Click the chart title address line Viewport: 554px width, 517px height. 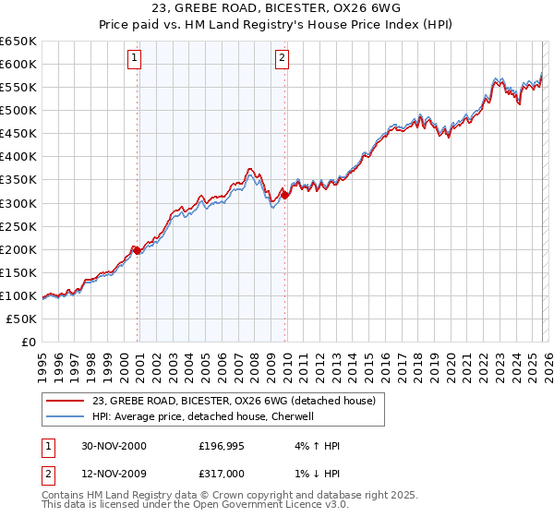click(277, 10)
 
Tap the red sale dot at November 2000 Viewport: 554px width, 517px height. click(138, 250)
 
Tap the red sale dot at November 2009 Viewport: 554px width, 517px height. click(284, 195)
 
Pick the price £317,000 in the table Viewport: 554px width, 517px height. click(223, 473)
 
